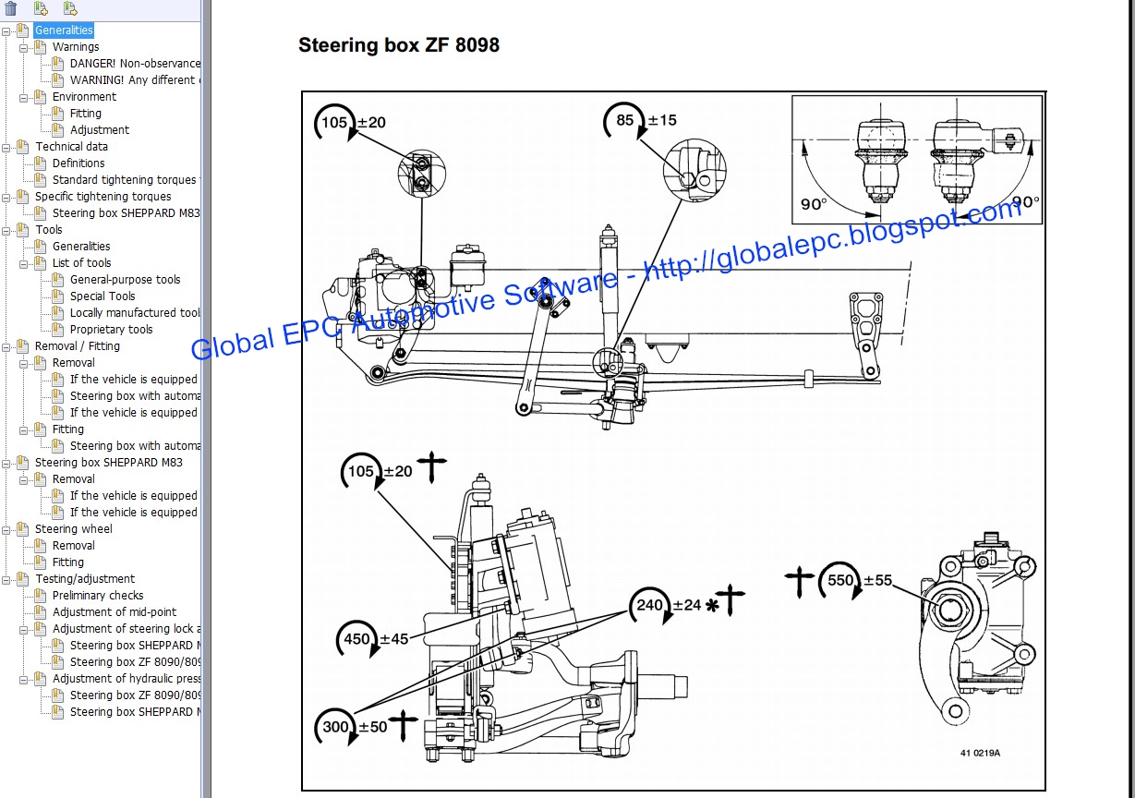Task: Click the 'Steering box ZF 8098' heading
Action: coord(399,45)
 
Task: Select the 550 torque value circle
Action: coord(840,580)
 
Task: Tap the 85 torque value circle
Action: coord(624,120)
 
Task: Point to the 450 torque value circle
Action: coord(356,639)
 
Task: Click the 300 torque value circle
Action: coord(335,727)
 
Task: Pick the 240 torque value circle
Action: coord(650,605)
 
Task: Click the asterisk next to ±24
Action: coord(711,606)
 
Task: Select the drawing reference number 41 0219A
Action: coord(980,753)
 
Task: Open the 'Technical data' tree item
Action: coord(71,147)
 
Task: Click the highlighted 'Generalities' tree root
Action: coord(64,30)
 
